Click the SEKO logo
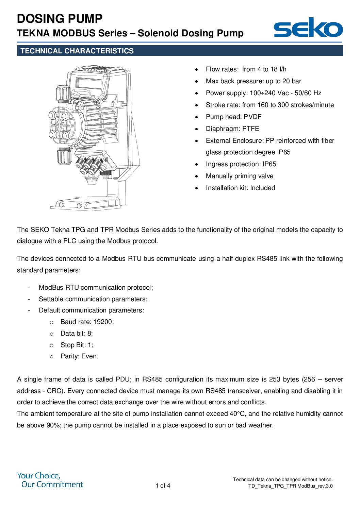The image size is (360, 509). pyautogui.click(x=308, y=28)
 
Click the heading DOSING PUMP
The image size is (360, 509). pyautogui.click(x=60, y=18)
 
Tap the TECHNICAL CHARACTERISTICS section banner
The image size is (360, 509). pyautogui.click(x=180, y=51)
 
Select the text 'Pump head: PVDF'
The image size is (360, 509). pyautogui.click(x=233, y=117)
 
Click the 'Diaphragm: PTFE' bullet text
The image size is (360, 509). pyautogui.click(x=232, y=129)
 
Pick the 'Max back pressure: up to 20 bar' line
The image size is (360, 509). pyautogui.click(x=253, y=81)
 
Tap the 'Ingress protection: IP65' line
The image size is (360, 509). pyautogui.click(x=241, y=164)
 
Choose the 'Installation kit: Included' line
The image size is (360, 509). pyautogui.click(x=240, y=188)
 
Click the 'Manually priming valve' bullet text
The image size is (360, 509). pyautogui.click(x=239, y=176)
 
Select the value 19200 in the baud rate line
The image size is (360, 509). pyautogui.click(x=103, y=322)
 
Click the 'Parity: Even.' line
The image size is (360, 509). pyautogui.click(x=79, y=356)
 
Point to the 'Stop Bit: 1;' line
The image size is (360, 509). pyautogui.click(x=77, y=345)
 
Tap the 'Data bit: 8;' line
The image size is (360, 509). pyautogui.click(x=77, y=333)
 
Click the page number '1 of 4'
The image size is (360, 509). pyautogui.click(x=163, y=486)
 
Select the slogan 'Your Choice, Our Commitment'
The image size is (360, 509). pyautogui.click(x=50, y=480)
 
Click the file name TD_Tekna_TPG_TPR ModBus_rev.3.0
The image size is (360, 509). pyautogui.click(x=290, y=486)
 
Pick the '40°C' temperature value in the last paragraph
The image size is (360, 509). pyautogui.click(x=237, y=413)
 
